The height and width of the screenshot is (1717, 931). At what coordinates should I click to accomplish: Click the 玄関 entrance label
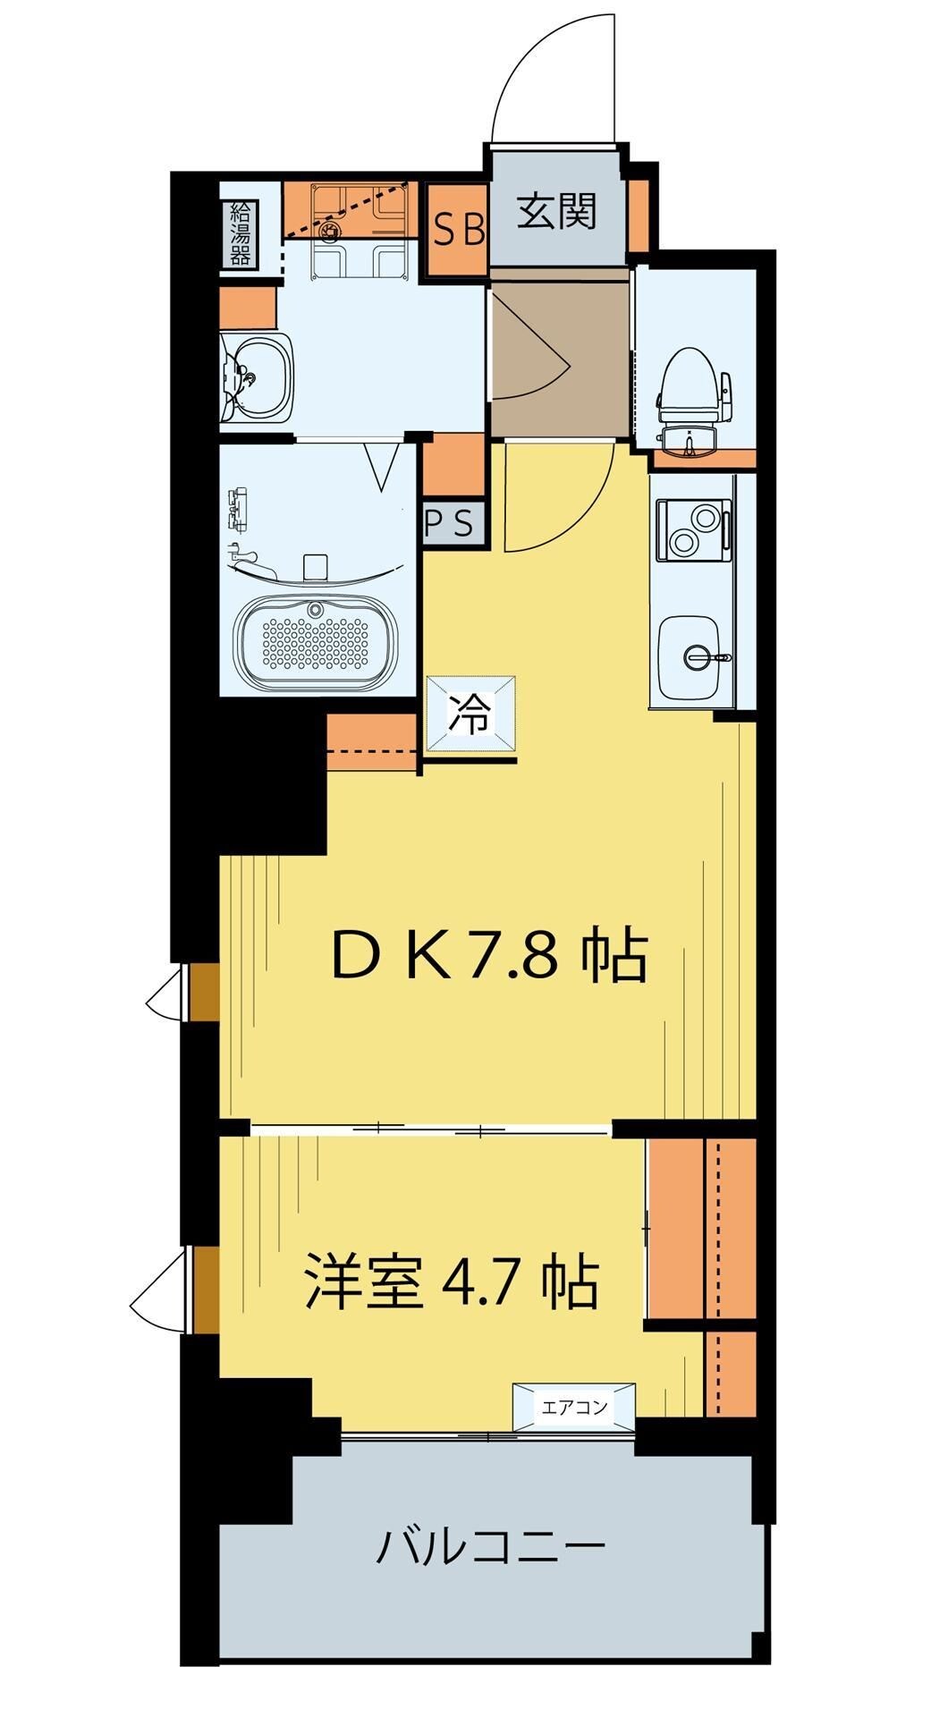point(556,213)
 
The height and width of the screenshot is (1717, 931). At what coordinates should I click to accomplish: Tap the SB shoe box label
point(459,230)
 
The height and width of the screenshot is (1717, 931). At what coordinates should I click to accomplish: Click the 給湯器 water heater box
point(240,234)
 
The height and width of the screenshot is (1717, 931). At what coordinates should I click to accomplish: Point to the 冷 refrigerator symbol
point(470,715)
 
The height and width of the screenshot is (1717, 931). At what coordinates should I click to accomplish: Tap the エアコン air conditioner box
point(574,1408)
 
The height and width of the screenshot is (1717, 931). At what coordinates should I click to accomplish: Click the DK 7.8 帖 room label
point(488,957)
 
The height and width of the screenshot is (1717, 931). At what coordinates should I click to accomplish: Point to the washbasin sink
point(258,378)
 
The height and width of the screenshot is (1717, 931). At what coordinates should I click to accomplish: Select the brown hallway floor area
point(560,353)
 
